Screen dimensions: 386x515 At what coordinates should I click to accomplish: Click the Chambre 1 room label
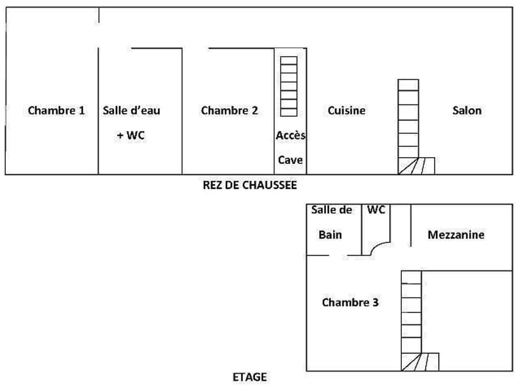(56, 111)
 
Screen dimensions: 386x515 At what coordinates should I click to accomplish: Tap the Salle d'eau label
(131, 111)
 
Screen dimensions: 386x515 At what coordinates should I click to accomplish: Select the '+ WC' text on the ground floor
(131, 136)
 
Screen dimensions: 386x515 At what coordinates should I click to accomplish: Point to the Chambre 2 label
(229, 111)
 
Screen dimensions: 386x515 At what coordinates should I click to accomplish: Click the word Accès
(290, 136)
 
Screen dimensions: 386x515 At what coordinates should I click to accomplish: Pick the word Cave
(290, 160)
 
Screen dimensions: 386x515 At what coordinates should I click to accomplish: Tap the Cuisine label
(347, 110)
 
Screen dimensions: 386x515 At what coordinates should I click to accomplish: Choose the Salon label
(467, 110)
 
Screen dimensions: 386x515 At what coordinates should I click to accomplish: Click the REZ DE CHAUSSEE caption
(250, 185)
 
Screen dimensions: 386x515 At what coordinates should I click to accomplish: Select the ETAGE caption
(249, 377)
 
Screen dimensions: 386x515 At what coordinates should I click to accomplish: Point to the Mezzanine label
(456, 235)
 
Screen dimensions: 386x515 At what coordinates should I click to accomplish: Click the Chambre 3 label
(350, 302)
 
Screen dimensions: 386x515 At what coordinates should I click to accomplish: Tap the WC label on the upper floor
(376, 210)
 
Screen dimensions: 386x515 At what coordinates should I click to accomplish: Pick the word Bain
(330, 235)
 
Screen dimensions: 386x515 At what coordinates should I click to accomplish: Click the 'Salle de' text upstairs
(332, 210)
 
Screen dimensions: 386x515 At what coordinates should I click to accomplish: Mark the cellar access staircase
(289, 86)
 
